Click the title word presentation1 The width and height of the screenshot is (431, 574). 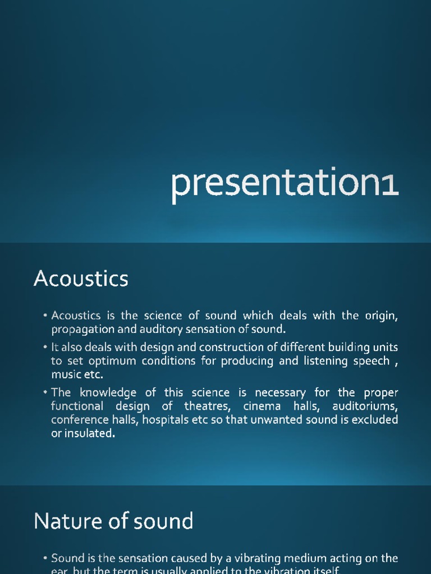285,184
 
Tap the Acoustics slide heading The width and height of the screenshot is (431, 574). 81,279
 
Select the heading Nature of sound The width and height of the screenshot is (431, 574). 113,521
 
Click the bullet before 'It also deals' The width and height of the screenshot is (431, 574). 45,348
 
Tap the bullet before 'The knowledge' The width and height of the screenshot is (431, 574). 45,392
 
